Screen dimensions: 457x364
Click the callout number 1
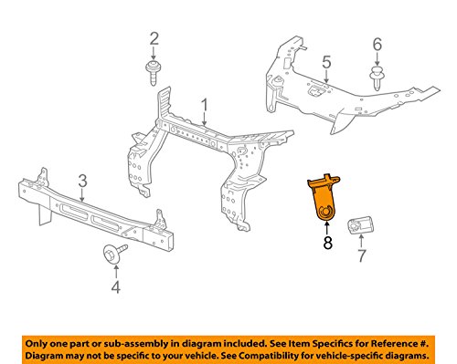[x=205, y=107]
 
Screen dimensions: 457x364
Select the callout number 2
[x=154, y=39]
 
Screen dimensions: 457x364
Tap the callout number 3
[x=82, y=182]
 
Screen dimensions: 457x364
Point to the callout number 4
[x=116, y=287]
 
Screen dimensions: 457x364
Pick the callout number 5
[x=326, y=62]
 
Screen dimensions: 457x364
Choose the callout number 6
[x=377, y=45]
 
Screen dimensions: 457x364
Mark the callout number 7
[x=361, y=255]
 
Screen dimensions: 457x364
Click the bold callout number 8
[x=327, y=243]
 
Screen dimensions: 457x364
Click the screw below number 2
[x=154, y=73]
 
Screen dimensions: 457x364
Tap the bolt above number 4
[x=114, y=253]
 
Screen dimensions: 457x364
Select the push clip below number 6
[x=377, y=78]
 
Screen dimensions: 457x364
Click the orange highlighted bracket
[x=324, y=196]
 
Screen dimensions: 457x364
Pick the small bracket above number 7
[x=360, y=225]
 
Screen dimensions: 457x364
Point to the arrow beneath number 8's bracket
[x=327, y=228]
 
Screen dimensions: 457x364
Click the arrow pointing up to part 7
[x=361, y=241]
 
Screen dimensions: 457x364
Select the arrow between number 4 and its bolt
[x=116, y=271]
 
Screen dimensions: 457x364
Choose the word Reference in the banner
[x=393, y=344]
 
